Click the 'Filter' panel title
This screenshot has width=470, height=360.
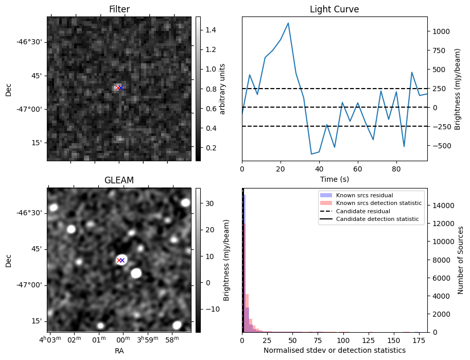119,9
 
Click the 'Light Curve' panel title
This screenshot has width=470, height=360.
334,9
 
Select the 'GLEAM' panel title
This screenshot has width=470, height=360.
119,180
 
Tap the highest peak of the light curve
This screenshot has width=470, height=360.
288,23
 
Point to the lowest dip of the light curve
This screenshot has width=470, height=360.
311,154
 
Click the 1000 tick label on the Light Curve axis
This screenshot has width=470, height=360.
441,31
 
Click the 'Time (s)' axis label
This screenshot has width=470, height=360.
334,178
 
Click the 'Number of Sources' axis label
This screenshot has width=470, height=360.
461,260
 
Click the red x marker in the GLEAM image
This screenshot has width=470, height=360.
119,260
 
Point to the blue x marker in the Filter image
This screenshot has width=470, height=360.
121,88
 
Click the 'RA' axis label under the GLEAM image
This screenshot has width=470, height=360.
119,351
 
